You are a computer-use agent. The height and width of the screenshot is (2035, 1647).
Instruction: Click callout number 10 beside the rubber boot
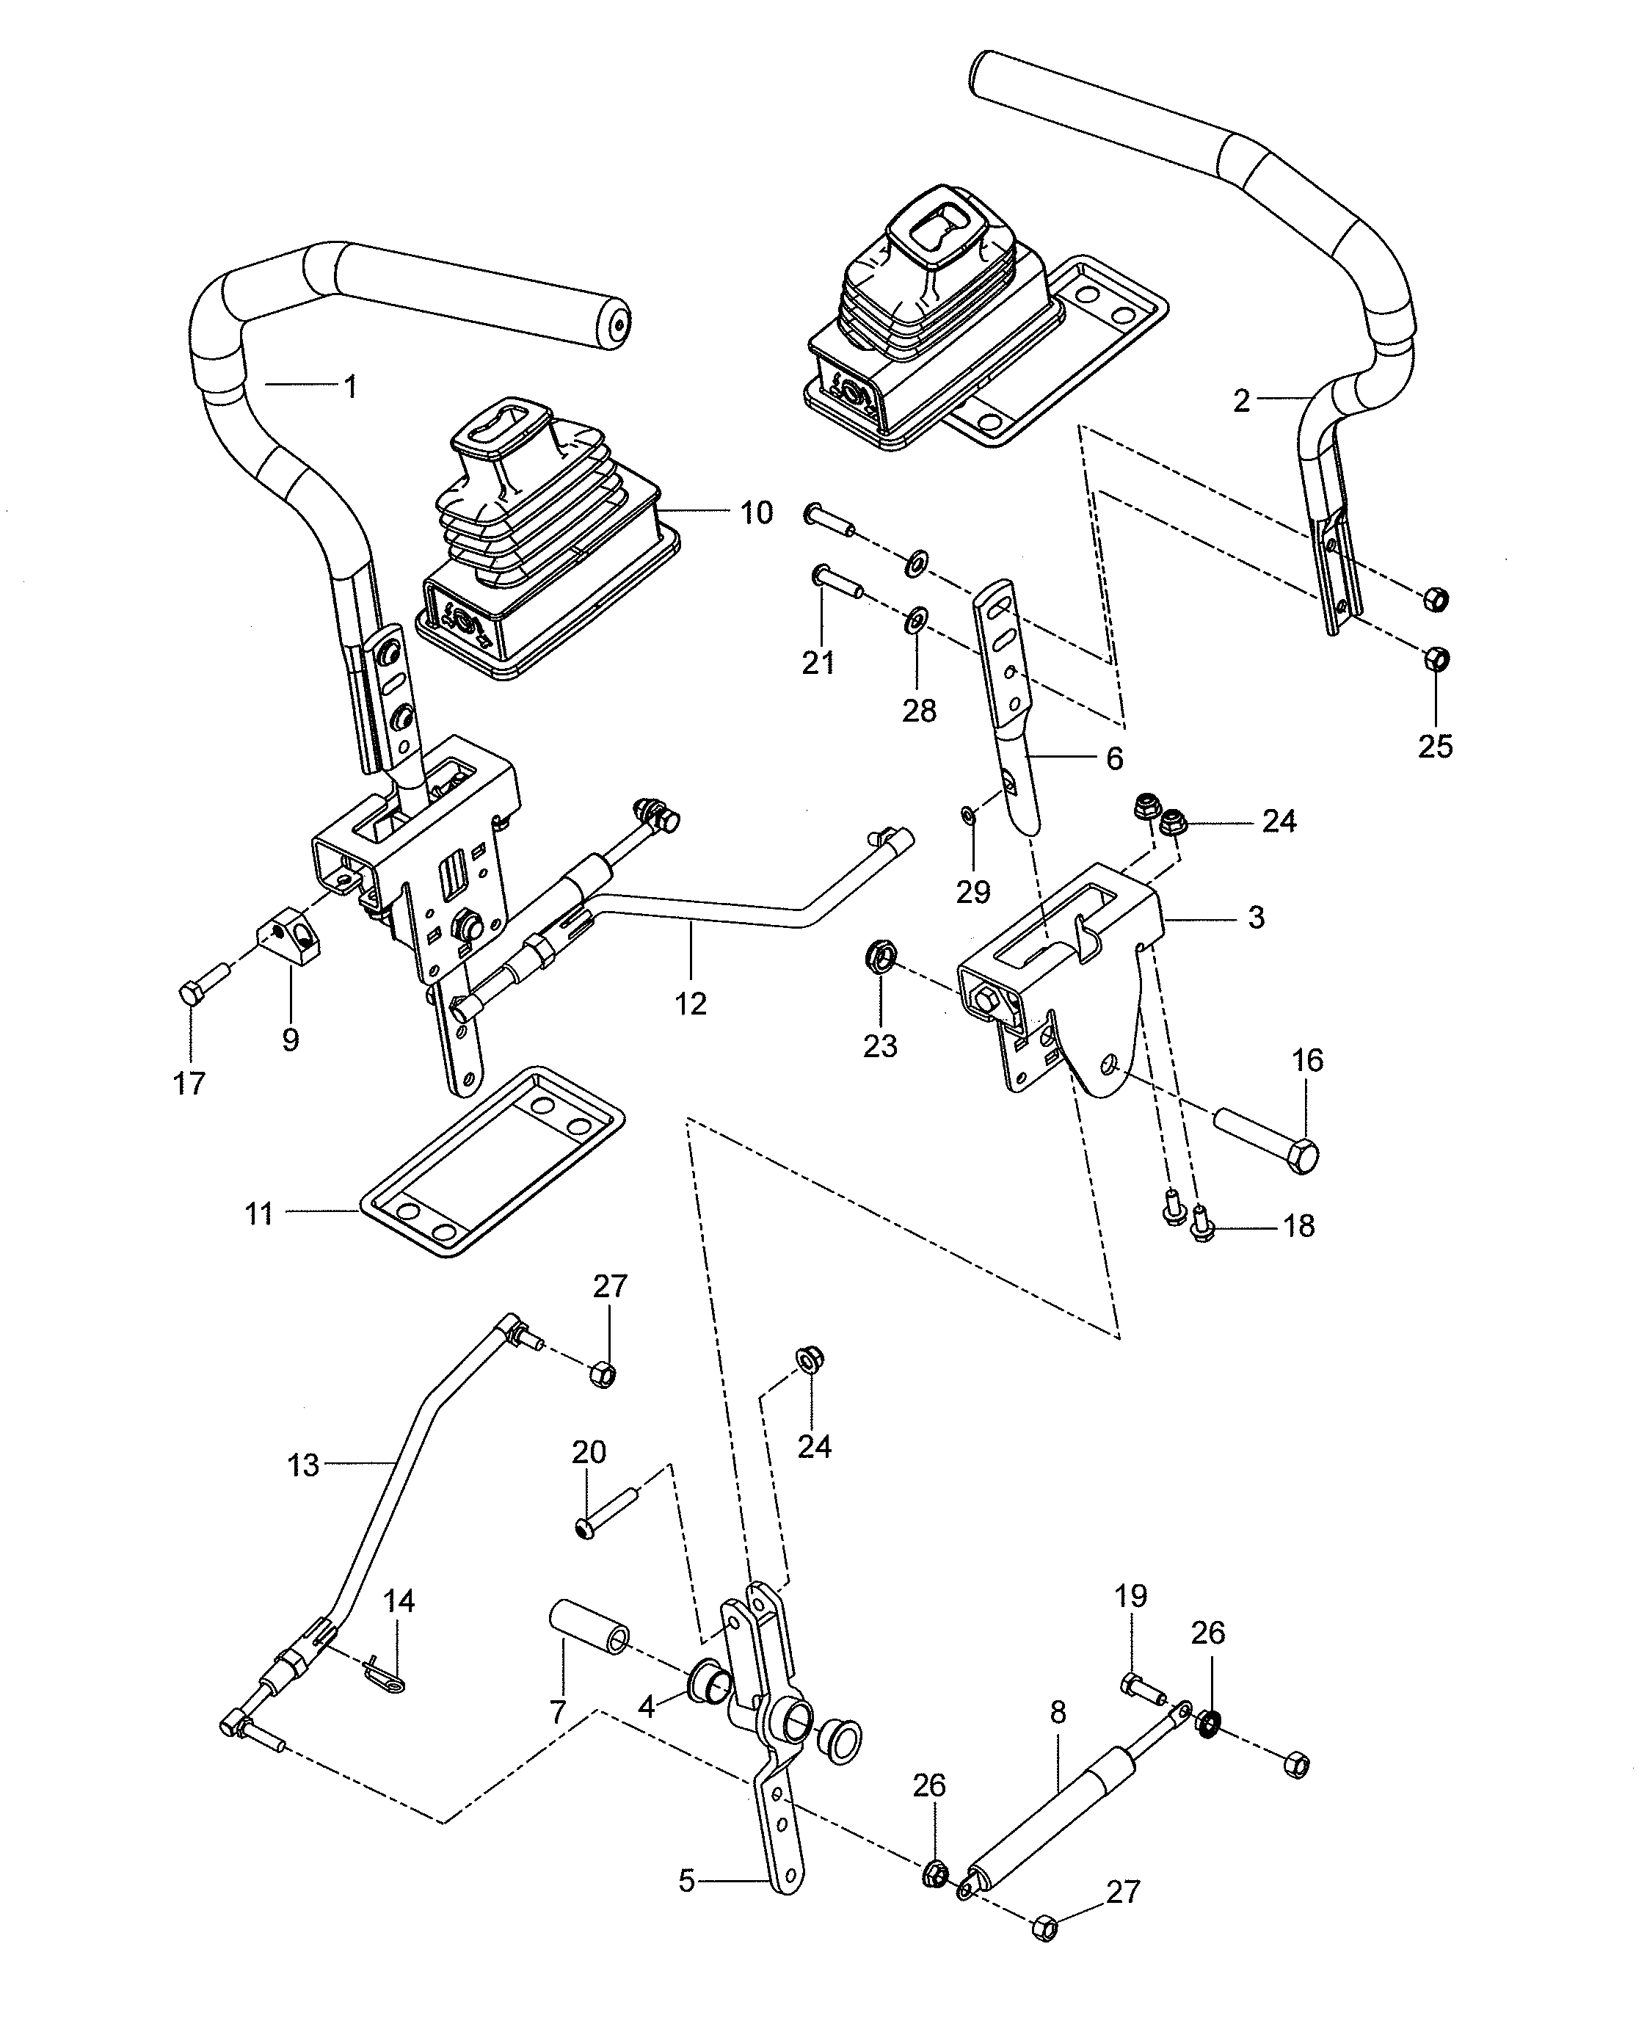[756, 514]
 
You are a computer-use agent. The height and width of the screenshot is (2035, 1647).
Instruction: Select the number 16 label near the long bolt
[1307, 1061]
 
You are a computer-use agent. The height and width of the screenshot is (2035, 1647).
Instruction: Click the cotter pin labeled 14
[385, 1678]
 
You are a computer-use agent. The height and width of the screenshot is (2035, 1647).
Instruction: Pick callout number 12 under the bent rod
[690, 1004]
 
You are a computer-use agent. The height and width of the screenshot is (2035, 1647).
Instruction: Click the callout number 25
[1434, 747]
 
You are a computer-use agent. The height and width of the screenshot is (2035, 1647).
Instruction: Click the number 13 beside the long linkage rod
[302, 1466]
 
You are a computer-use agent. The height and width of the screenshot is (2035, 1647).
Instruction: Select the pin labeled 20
[607, 1517]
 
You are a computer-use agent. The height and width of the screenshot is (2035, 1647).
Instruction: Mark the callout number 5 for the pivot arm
[687, 1882]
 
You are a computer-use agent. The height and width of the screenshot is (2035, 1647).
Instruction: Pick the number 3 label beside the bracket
[1255, 918]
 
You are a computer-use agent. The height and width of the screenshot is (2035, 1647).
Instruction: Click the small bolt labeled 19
[1141, 1686]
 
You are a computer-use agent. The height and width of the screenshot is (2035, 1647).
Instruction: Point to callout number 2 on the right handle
[1241, 402]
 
